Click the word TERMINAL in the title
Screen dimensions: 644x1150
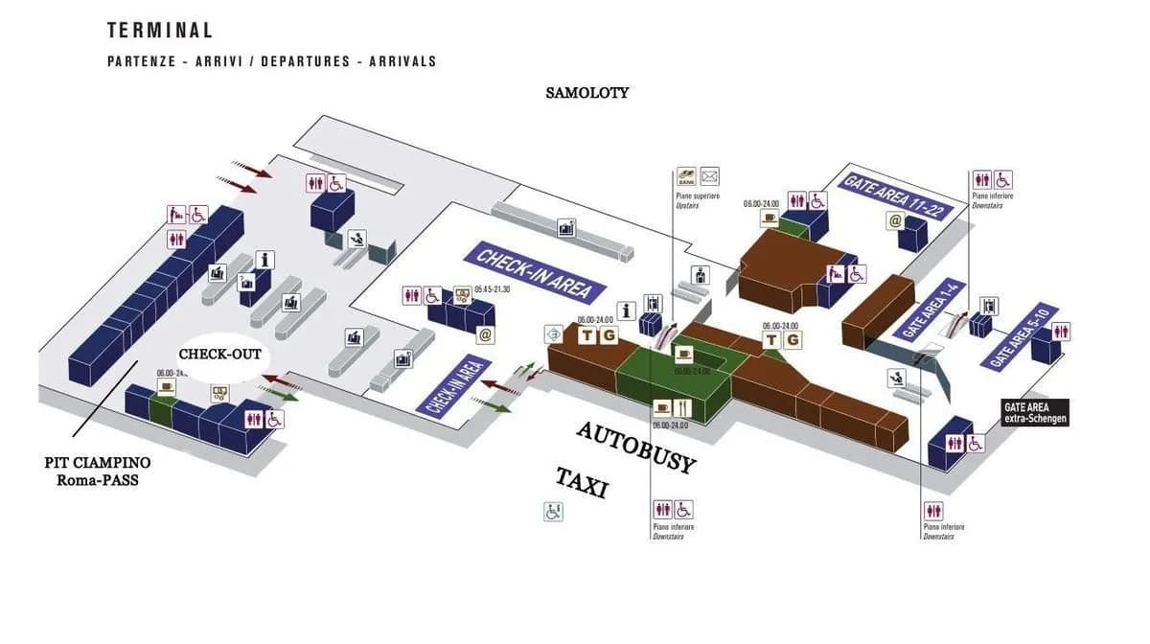[x=160, y=31]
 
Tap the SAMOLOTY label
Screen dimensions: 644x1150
[x=587, y=93]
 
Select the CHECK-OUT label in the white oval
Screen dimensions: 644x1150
[x=219, y=355]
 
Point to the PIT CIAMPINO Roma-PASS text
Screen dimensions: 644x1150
[x=97, y=471]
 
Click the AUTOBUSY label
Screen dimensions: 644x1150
[x=635, y=448]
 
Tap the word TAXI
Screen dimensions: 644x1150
[x=582, y=482]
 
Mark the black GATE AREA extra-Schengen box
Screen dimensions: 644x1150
[x=1034, y=413]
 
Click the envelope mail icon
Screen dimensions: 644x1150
[x=709, y=176]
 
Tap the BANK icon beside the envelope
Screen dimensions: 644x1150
[x=686, y=176]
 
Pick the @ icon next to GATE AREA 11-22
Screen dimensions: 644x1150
[x=895, y=221]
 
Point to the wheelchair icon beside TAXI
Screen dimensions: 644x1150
[x=553, y=512]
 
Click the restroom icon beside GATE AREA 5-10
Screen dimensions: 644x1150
[x=1060, y=332]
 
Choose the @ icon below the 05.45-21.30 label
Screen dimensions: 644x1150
[x=485, y=335]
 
